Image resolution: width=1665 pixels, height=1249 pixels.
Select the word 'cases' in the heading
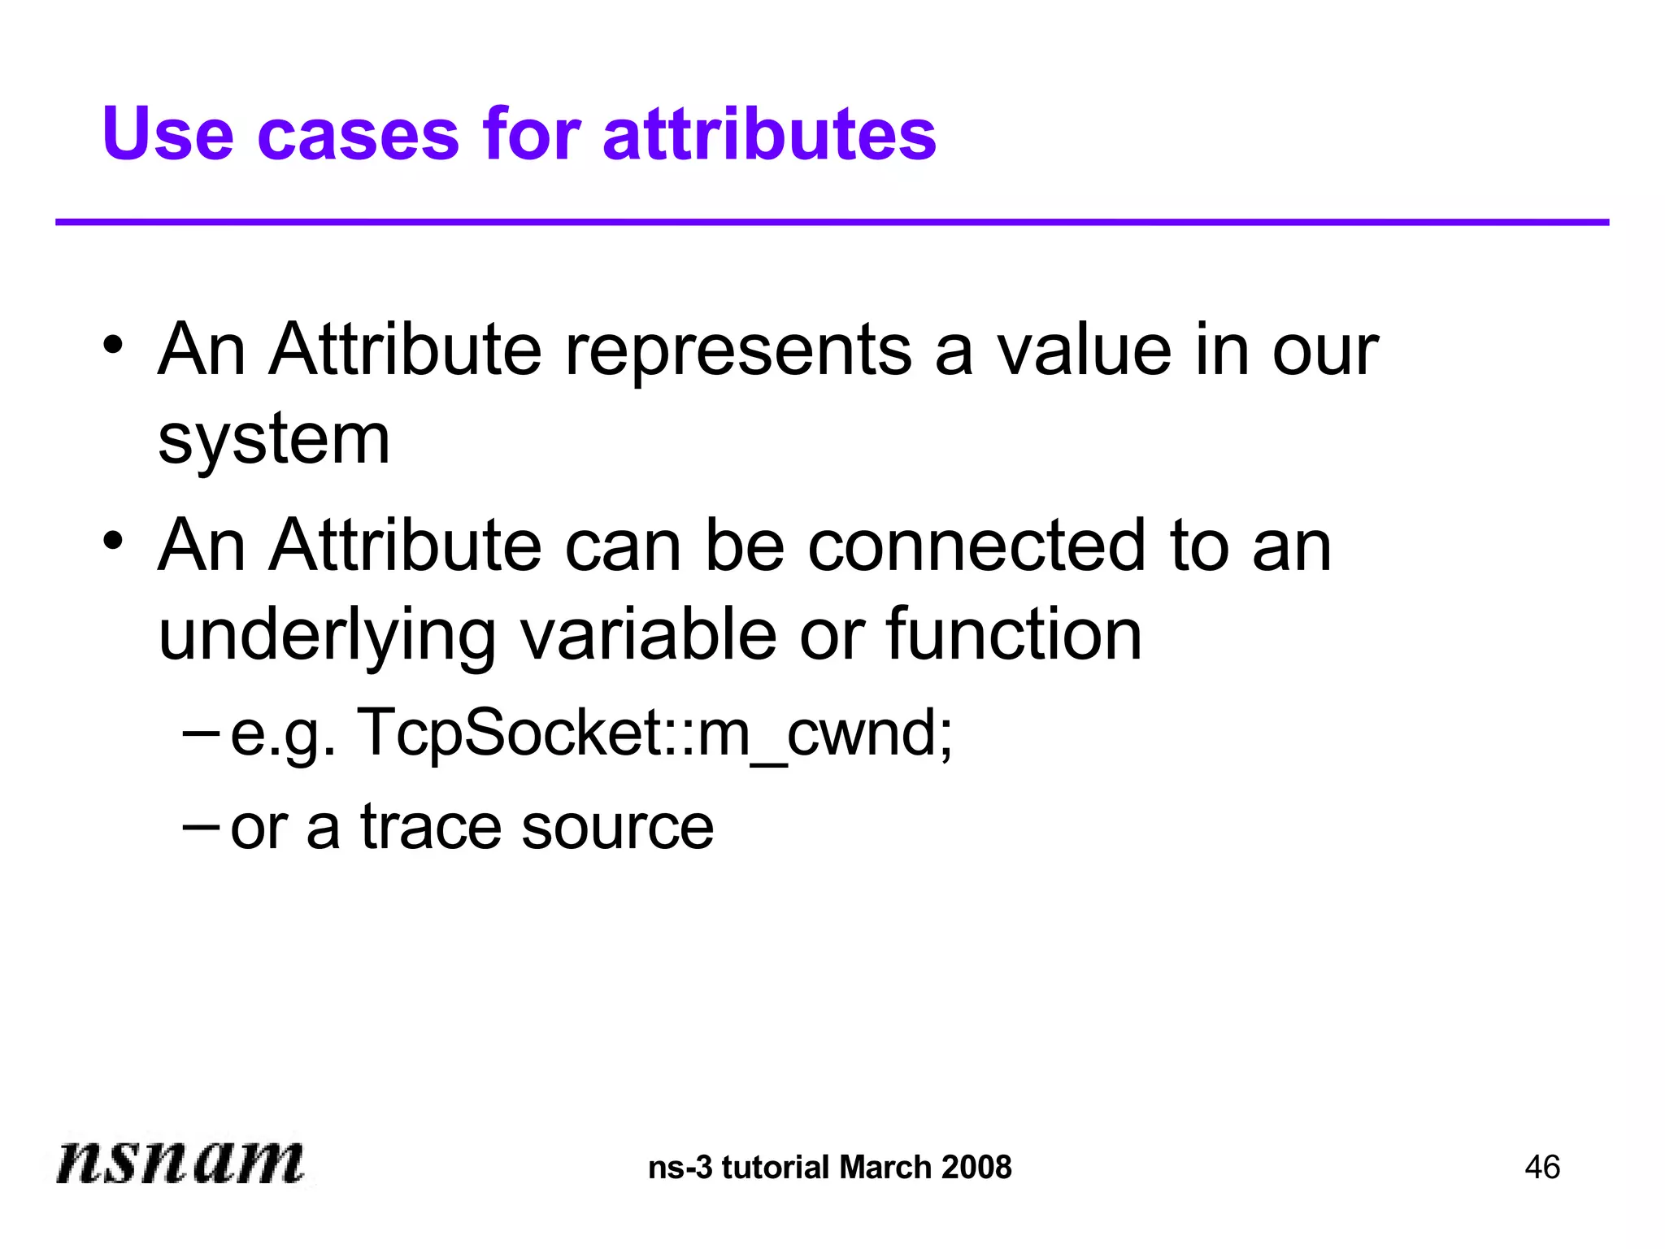359,135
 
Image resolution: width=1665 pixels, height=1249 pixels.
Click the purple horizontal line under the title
832,222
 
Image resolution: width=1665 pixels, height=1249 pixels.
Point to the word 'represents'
738,351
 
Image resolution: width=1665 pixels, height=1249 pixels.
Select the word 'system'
274,439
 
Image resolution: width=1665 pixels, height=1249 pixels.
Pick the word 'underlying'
327,636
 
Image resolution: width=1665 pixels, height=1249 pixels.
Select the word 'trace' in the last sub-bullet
429,827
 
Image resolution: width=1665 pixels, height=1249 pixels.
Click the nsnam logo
180,1161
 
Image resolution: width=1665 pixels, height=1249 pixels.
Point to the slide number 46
1542,1168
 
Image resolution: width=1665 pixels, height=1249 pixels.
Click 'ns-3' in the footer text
680,1168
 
